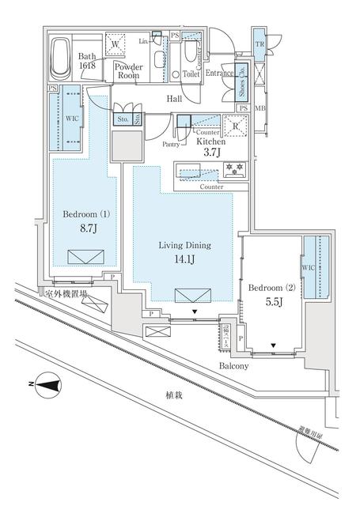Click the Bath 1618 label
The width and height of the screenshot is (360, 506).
87,62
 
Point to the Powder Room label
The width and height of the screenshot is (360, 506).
128,72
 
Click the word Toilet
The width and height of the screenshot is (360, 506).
191,73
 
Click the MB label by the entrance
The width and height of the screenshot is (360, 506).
259,108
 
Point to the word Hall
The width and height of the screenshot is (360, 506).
174,98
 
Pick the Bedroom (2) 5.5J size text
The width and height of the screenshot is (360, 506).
271,295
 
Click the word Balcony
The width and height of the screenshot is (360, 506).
234,366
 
